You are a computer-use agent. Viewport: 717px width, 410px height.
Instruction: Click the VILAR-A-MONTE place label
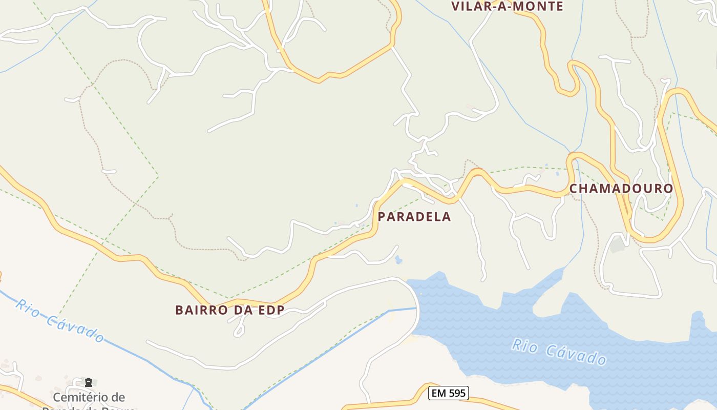[507, 6]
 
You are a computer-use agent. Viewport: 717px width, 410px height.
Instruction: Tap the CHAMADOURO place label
[621, 189]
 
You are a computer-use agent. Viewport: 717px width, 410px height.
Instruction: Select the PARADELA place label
[414, 217]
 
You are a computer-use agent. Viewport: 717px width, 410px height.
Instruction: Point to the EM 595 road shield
[448, 393]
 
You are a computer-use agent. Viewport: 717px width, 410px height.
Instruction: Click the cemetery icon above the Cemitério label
[89, 382]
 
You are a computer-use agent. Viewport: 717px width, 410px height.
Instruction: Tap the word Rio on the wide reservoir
[524, 345]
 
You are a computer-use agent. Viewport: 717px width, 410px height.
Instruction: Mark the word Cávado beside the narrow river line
[74, 329]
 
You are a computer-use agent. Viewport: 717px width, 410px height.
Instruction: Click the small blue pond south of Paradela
[398, 260]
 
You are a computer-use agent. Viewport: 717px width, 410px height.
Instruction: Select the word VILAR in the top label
[469, 6]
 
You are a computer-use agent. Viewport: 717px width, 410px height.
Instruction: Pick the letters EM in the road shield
[438, 393]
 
